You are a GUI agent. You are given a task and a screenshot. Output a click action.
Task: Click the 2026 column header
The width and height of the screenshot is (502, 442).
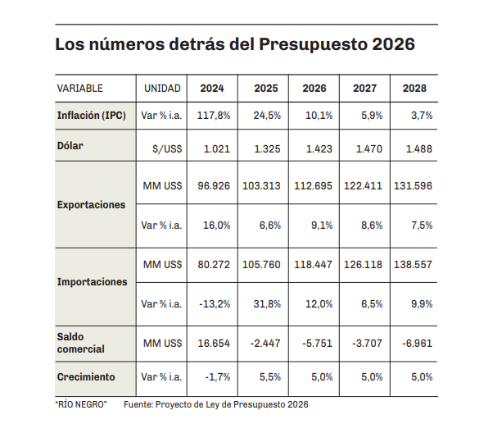pos(314,88)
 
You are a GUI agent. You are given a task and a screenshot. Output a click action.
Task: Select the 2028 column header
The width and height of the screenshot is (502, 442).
pos(414,88)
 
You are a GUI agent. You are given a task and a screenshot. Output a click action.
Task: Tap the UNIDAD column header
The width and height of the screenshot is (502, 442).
pos(162,88)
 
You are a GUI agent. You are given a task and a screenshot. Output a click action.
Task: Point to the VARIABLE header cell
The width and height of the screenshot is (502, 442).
pos(80,88)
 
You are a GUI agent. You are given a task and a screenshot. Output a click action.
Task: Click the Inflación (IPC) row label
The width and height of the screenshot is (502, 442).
pos(91,116)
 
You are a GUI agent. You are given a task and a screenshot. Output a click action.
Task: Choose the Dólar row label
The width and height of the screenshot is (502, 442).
pos(71,147)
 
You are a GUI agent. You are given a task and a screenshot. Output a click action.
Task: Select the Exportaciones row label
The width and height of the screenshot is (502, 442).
pos(91,205)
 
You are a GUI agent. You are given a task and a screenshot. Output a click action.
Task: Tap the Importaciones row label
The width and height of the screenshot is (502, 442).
pos(92,282)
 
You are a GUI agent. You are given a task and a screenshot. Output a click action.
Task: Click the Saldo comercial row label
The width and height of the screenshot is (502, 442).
pos(81,343)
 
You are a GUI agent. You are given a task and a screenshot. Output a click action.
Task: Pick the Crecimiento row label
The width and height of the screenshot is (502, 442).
pos(86,377)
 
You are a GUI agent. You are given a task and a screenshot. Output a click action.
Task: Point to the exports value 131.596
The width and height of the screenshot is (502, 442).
pos(414,186)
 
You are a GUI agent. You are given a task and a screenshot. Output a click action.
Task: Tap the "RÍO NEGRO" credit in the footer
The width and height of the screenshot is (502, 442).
pos(81,404)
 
